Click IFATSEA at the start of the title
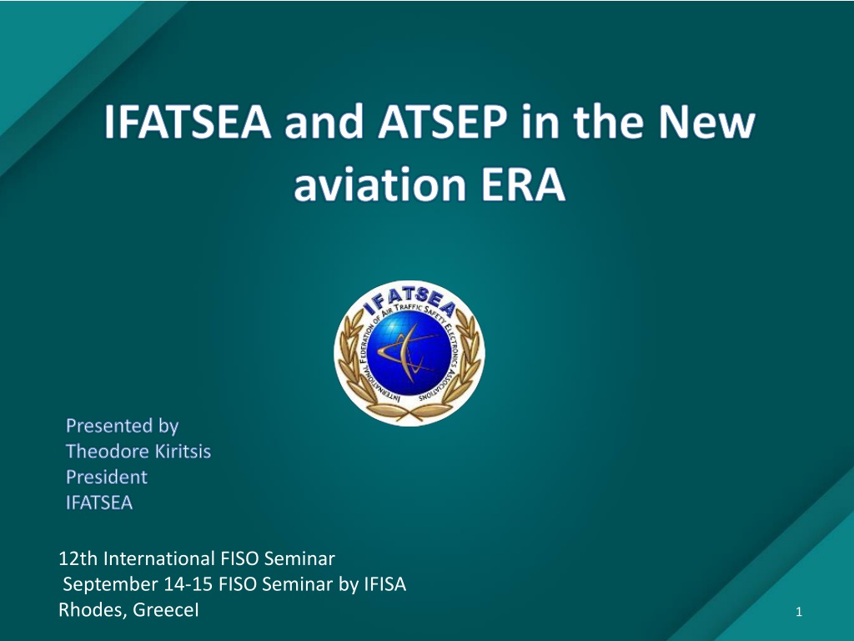pyautogui.click(x=188, y=121)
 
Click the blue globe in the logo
pyautogui.click(x=409, y=354)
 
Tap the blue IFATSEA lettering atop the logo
pyautogui.click(x=409, y=301)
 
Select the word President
pyautogui.click(x=107, y=477)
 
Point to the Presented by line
pyautogui.click(x=122, y=426)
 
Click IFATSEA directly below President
pyautogui.click(x=99, y=502)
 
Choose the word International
pyautogui.click(x=159, y=558)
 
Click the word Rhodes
pyautogui.click(x=93, y=610)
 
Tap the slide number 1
pyautogui.click(x=799, y=612)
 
